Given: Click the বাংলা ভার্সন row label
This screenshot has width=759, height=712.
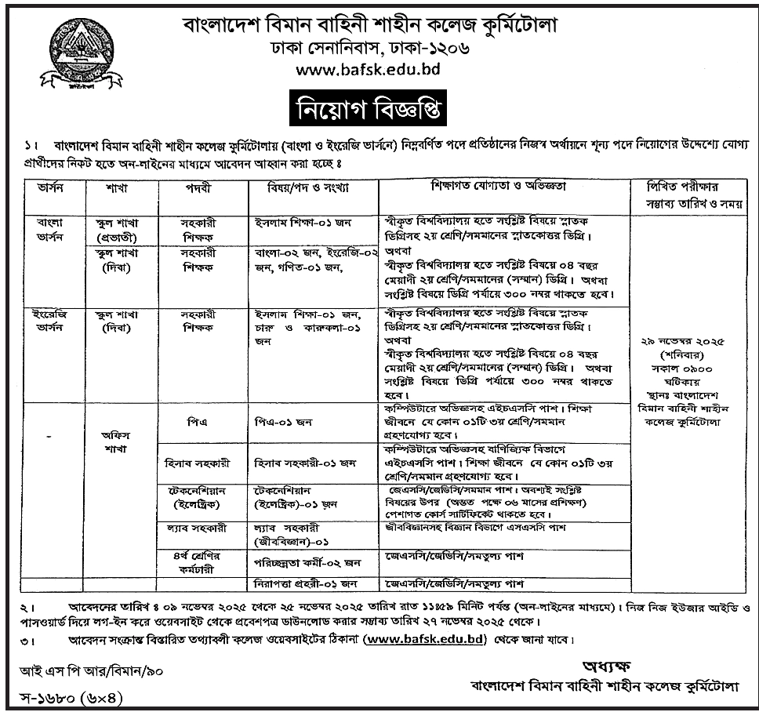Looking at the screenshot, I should click(x=54, y=229).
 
